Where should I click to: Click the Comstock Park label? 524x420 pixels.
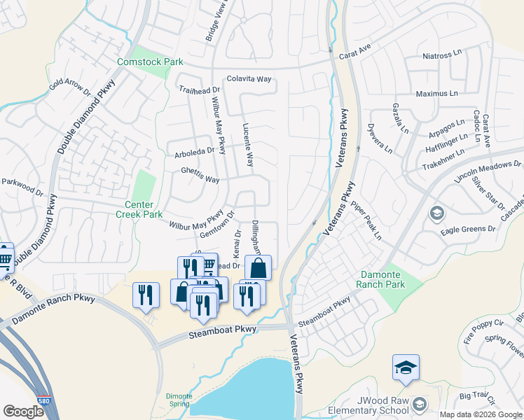150,62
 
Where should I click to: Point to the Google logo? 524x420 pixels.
23,412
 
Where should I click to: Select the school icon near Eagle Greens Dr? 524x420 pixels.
436,213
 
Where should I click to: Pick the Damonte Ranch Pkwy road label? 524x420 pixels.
53,308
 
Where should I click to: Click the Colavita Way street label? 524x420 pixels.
249,79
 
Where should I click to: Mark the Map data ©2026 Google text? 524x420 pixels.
481,414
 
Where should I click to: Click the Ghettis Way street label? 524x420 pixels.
200,179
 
